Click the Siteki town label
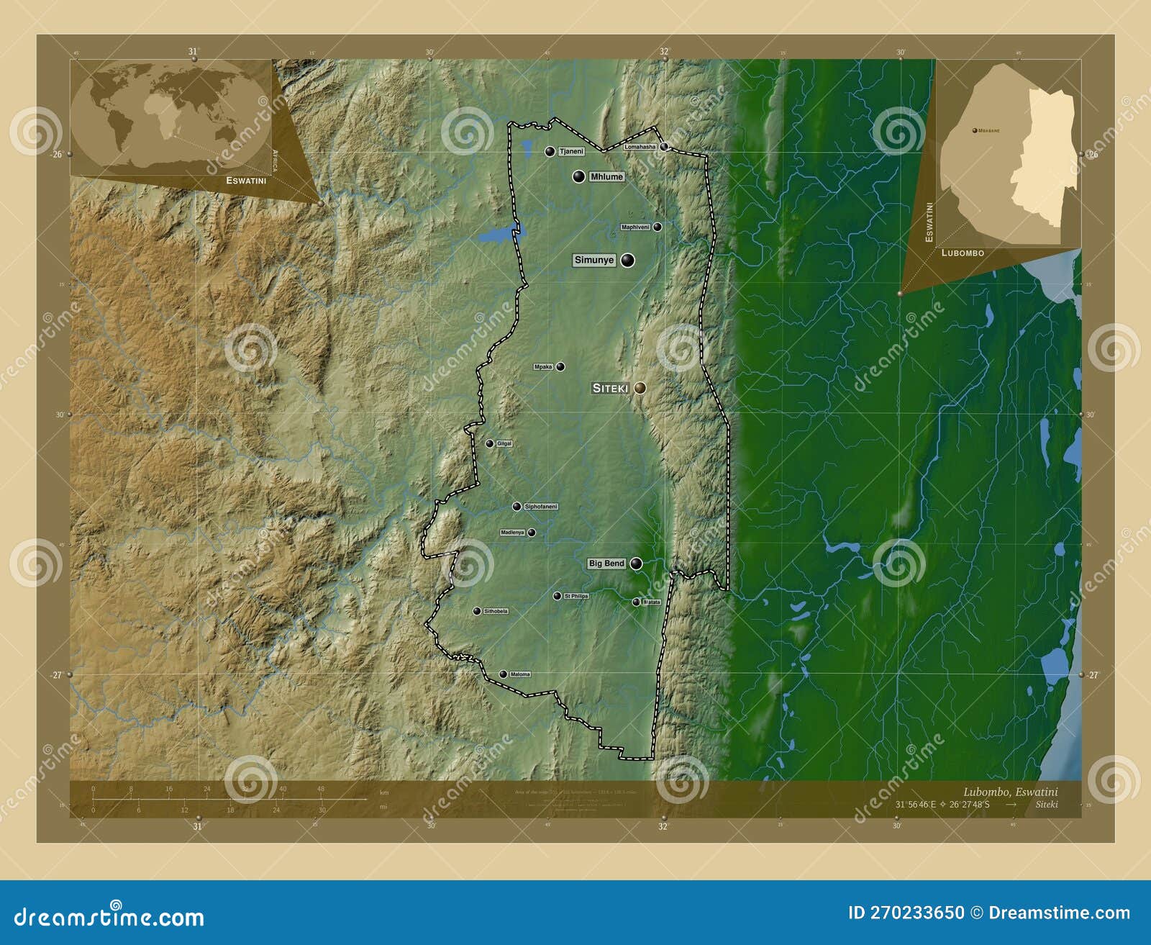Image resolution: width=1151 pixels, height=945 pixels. pyautogui.click(x=610, y=388)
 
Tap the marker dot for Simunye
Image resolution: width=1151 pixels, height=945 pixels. pyautogui.click(x=628, y=261)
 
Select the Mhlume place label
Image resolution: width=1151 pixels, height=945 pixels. pyautogui.click(x=606, y=177)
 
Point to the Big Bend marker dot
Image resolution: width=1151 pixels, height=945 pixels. pyautogui.click(x=636, y=564)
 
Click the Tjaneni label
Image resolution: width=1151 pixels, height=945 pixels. pyautogui.click(x=570, y=152)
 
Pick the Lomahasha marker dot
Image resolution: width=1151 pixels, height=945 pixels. pyautogui.click(x=665, y=147)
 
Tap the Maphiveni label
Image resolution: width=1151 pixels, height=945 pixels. pyautogui.click(x=635, y=227)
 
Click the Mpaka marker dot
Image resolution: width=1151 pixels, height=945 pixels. pyautogui.click(x=560, y=367)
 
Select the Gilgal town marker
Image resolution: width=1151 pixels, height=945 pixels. pyautogui.click(x=489, y=443)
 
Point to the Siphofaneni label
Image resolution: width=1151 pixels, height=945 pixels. pyautogui.click(x=541, y=507)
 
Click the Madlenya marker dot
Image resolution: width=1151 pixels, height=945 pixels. pyautogui.click(x=532, y=533)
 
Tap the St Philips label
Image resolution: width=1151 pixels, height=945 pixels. pyautogui.click(x=576, y=596)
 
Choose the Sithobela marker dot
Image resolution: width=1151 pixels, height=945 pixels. pyautogui.click(x=476, y=611)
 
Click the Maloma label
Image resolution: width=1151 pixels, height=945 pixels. pyautogui.click(x=519, y=674)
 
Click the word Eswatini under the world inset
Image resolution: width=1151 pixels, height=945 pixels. pyautogui.click(x=246, y=181)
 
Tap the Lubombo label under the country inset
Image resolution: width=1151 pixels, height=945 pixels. pyautogui.click(x=963, y=253)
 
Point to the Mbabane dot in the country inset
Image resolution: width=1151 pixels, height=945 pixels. pyautogui.click(x=974, y=130)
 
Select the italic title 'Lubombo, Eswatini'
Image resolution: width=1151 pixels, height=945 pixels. pyautogui.click(x=1010, y=792)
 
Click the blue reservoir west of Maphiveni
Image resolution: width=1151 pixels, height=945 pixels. pyautogui.click(x=496, y=235)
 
